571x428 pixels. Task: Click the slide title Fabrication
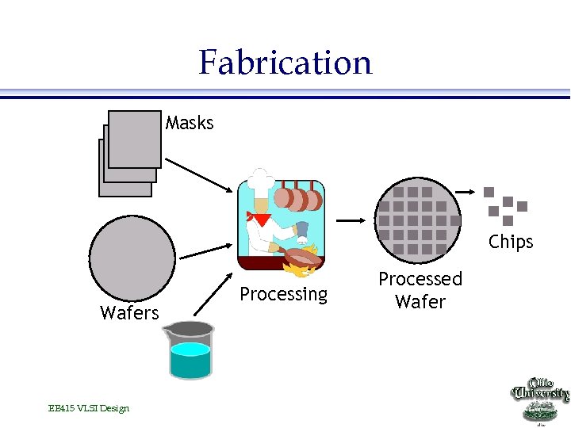285,62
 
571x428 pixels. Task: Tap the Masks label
190,123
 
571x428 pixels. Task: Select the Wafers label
129,313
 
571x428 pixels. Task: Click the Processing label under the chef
283,294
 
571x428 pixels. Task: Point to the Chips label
511,242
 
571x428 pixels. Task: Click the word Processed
420,279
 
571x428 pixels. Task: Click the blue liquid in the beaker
190,361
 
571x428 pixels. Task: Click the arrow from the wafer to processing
205,251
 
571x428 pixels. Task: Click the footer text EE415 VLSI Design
88,408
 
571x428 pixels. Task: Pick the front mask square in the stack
134,139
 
